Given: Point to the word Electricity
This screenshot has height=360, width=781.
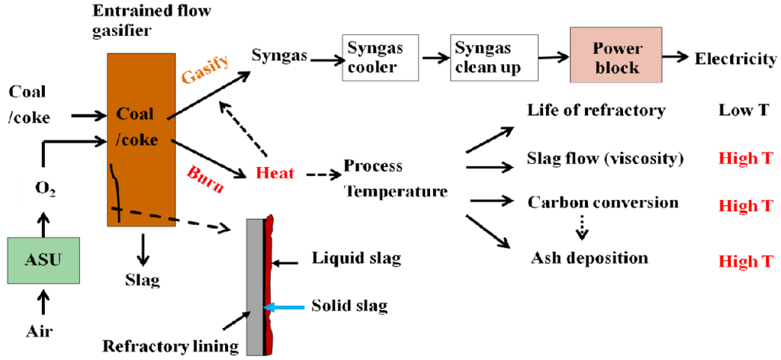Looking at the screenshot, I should [x=735, y=59].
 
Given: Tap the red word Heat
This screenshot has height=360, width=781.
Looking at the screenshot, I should [x=275, y=173].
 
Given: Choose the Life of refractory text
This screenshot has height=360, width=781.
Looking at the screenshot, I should [x=596, y=111].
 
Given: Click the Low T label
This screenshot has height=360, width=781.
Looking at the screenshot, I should [x=743, y=111].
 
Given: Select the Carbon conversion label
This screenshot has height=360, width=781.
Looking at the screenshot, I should [x=603, y=203].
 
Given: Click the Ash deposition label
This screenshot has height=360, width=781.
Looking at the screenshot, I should [x=589, y=258].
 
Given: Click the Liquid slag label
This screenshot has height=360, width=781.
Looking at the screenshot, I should [x=356, y=259].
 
